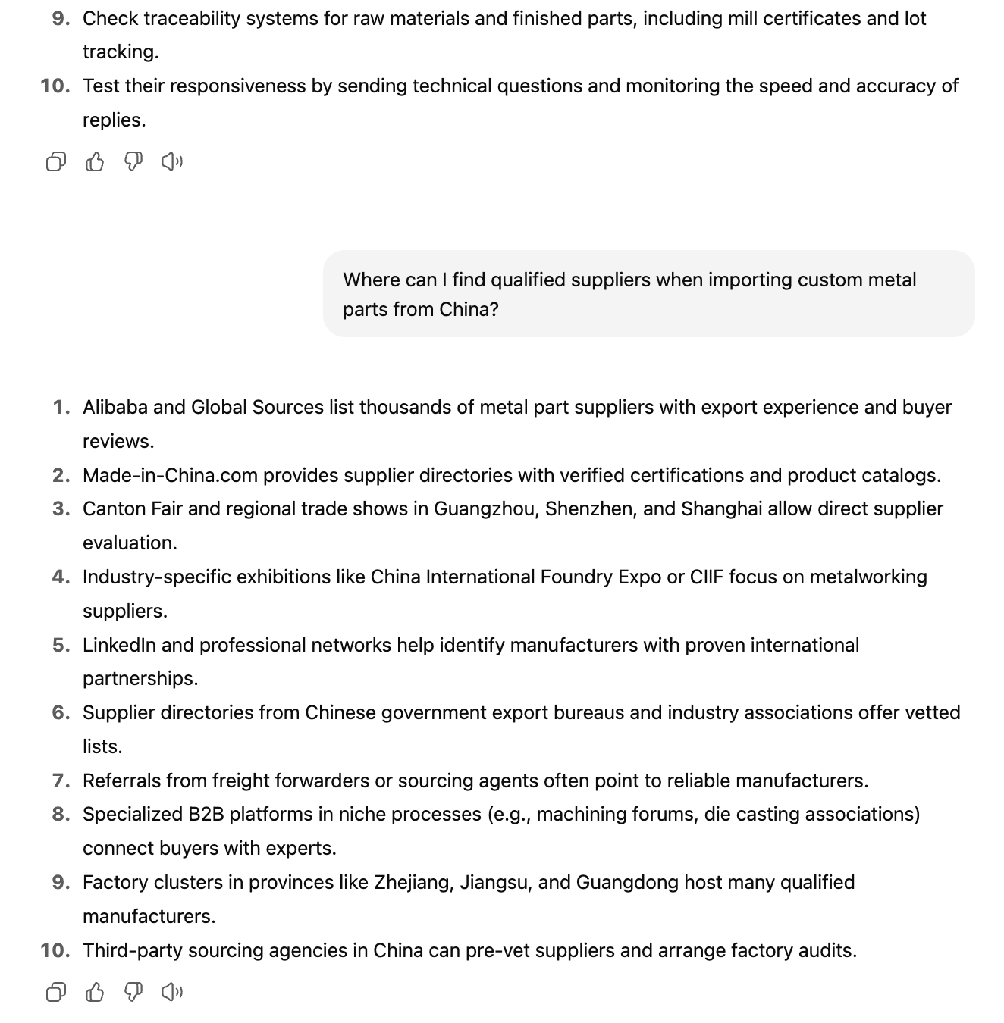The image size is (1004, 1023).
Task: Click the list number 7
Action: point(61,781)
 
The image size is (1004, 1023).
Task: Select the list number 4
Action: point(61,577)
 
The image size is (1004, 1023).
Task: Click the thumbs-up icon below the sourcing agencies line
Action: point(95,992)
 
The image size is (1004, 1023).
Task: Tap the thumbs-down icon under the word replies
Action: point(133,161)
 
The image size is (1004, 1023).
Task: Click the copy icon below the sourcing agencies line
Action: point(56,992)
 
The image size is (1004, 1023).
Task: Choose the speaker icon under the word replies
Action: point(172,161)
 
